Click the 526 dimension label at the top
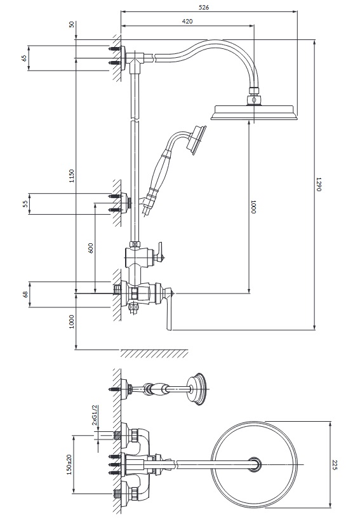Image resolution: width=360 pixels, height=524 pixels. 204,7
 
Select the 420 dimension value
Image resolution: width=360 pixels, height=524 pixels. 187,21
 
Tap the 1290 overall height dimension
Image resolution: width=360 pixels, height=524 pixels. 318,184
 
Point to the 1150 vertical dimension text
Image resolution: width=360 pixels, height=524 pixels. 72,176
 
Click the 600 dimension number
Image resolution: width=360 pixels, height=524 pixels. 91,248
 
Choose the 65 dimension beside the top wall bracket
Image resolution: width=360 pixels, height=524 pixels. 24,58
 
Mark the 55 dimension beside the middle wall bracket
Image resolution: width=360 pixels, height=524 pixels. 25,203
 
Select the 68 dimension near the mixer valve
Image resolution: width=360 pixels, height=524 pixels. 25,295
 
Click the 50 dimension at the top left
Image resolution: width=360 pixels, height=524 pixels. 72,25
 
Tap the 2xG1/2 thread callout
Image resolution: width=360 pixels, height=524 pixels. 95,415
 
